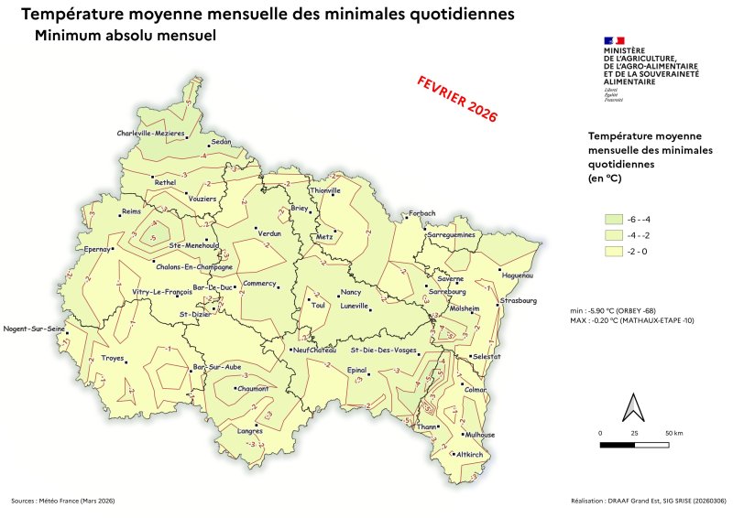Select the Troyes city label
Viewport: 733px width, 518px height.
[x=112, y=358]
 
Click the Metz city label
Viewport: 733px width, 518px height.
[x=324, y=237]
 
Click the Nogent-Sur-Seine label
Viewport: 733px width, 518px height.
[x=35, y=329]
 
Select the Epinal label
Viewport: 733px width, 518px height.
[x=356, y=370]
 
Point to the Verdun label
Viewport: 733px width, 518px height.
[x=269, y=235]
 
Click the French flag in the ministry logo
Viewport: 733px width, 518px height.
[x=613, y=40]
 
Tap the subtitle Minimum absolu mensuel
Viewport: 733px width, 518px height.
[x=124, y=37]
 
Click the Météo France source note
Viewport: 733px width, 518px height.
[x=63, y=501]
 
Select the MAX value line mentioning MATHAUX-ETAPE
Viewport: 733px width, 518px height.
[x=632, y=320]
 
